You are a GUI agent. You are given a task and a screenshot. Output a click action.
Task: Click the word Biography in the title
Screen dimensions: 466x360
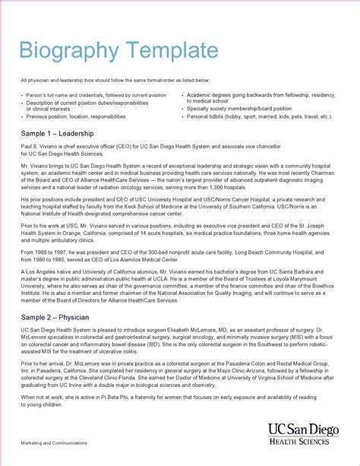[65, 52]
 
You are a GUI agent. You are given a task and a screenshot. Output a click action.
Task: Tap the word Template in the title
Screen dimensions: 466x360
[166, 52]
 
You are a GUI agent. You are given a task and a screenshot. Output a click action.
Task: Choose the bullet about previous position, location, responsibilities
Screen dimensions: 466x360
[76, 117]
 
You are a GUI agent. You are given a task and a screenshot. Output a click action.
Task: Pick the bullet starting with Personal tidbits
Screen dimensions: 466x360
[258, 117]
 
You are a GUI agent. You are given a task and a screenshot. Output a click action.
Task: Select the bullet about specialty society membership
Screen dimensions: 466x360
[244, 109]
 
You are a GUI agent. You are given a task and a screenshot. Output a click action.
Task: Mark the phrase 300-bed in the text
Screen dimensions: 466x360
[153, 252]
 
